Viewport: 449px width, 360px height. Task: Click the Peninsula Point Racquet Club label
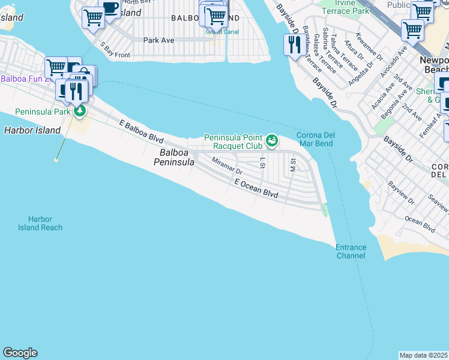coord(234,141)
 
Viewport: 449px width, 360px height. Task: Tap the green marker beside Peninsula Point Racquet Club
coord(272,140)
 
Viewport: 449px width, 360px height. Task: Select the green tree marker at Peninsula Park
coord(79,111)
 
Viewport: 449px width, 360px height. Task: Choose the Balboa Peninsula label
coord(174,157)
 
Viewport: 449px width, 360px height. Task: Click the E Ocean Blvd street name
coord(256,189)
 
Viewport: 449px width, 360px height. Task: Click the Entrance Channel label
coord(351,251)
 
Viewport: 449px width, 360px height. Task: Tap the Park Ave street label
coord(158,41)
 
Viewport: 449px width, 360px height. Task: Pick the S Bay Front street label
coord(115,50)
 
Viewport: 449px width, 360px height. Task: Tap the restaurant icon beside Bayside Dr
coord(294,46)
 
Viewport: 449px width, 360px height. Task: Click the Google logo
coord(20,353)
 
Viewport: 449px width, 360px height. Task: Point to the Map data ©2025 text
coord(424,355)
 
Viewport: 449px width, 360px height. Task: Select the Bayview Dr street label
coord(401,193)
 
